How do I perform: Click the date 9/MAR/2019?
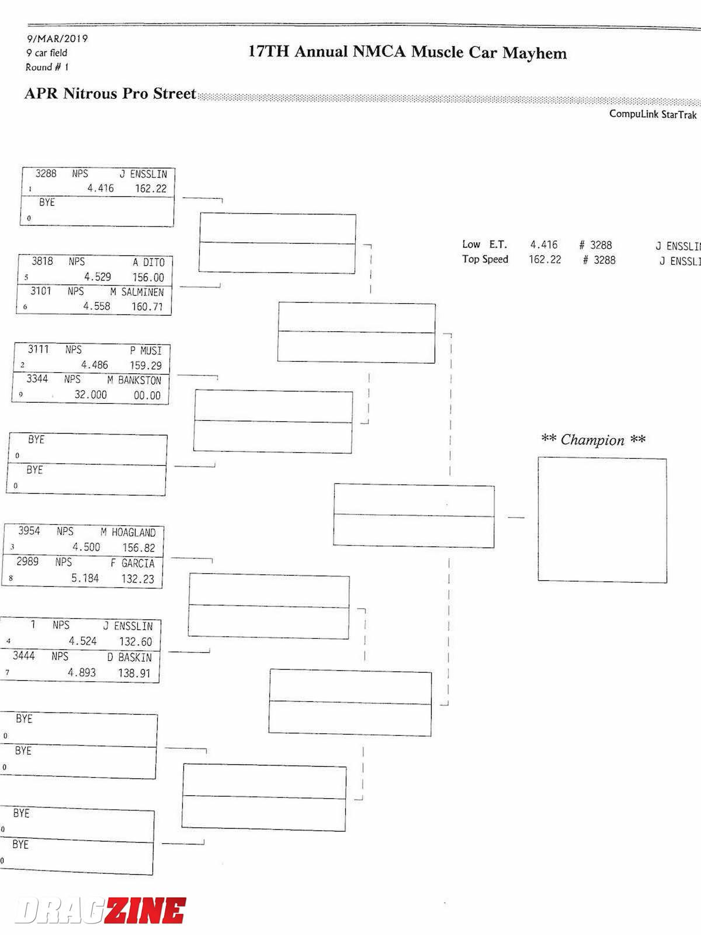click(57, 39)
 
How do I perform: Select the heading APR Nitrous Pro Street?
click(110, 93)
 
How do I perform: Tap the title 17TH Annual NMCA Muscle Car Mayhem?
click(407, 53)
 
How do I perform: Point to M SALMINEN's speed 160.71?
click(147, 306)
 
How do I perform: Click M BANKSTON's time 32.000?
click(91, 394)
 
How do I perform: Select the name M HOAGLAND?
click(128, 532)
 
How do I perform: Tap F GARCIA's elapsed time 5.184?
click(85, 578)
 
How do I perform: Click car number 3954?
click(29, 531)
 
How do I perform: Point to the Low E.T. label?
click(485, 244)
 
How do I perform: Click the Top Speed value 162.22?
click(544, 259)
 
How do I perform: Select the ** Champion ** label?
click(593, 439)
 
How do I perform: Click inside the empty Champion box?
click(602, 520)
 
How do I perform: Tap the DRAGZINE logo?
click(100, 910)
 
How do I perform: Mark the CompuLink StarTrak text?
click(653, 114)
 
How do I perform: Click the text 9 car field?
click(47, 53)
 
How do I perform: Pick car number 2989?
click(27, 562)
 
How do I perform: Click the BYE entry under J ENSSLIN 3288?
click(47, 202)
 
